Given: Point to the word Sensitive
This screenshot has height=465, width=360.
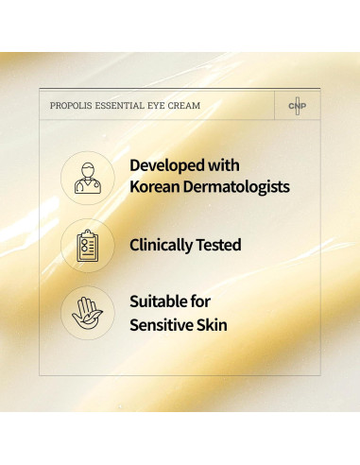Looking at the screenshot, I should tap(165, 326).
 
